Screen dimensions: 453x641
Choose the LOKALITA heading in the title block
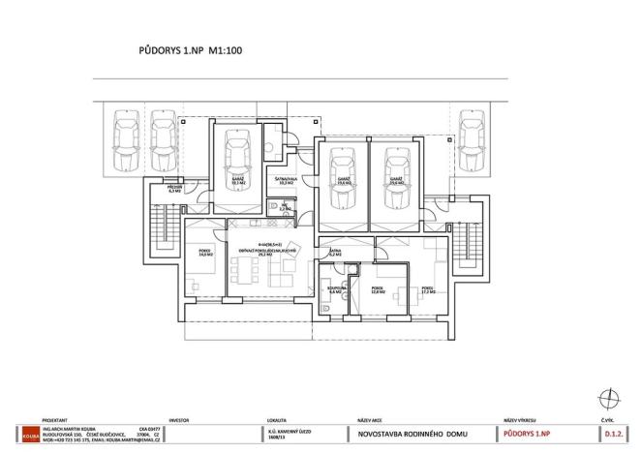pos(277,421)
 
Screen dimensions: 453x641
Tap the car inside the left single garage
pos(238,163)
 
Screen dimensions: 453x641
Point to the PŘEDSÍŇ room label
pos(174,190)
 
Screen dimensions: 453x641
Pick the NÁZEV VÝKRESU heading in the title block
pos(522,421)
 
